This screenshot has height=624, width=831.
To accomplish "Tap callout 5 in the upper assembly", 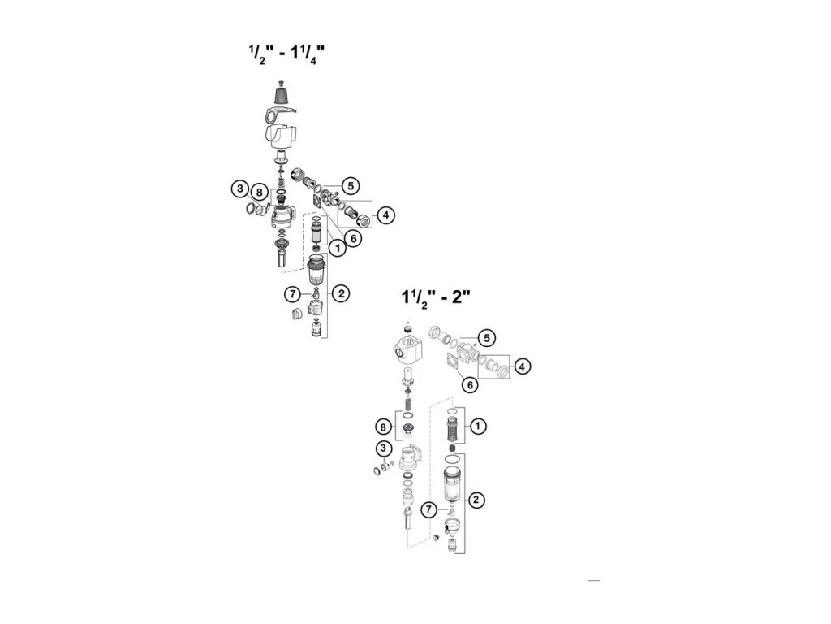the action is pyautogui.click(x=350, y=185).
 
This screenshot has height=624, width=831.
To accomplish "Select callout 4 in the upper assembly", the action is pyautogui.click(x=387, y=214).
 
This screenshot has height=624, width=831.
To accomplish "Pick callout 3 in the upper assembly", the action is pyautogui.click(x=239, y=189).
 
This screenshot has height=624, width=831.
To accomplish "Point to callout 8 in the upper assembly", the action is pyautogui.click(x=258, y=193).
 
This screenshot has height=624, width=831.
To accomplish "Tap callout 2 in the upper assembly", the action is pyautogui.click(x=342, y=293).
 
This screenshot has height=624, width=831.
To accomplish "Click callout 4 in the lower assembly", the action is pyautogui.click(x=523, y=367).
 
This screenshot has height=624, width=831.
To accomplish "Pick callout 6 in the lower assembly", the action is pyautogui.click(x=468, y=384).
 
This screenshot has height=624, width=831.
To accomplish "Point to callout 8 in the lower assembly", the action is pyautogui.click(x=383, y=427).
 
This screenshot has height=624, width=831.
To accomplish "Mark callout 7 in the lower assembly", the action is pyautogui.click(x=430, y=509).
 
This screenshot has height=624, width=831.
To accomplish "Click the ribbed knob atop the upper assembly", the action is pyautogui.click(x=282, y=95).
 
